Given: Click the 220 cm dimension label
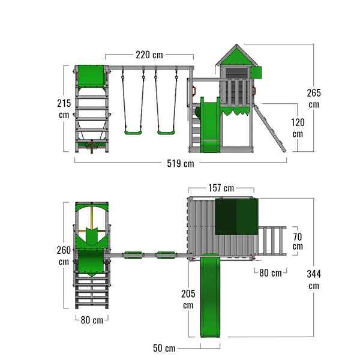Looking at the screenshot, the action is tap(149, 55).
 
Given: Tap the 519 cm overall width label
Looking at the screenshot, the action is tap(181, 164).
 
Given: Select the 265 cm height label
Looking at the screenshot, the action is tap(314, 98).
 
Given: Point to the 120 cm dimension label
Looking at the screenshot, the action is tap(298, 128).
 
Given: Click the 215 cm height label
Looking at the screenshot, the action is tap(64, 109).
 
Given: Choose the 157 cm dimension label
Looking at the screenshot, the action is tap(221, 188).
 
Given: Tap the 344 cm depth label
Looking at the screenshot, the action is tap(314, 280).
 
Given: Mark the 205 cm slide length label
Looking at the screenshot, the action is tap(188, 299).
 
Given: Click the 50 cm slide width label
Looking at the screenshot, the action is tap(164, 348).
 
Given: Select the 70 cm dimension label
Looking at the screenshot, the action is tap(298, 241).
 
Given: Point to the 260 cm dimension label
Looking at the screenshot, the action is tap(64, 256).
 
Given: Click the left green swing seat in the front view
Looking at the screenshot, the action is tap(133, 133).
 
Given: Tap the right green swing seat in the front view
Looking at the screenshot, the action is tap(166, 133).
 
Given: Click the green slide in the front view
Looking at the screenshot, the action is tap(210, 125).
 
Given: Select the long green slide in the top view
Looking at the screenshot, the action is tap(210, 295).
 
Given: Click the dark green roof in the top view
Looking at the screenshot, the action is tap(236, 217).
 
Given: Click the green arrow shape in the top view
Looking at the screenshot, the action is tap(92, 236).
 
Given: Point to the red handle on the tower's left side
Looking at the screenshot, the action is tap(194, 91).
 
